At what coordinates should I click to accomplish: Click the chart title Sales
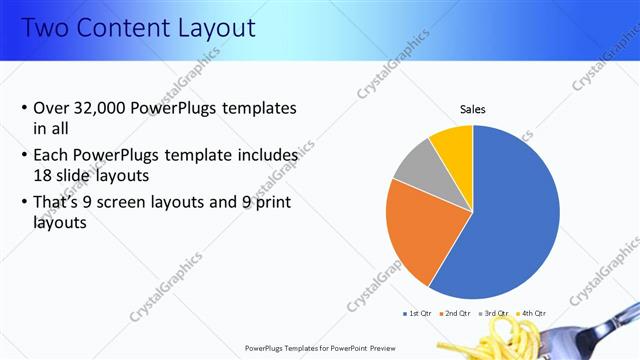click(x=473, y=109)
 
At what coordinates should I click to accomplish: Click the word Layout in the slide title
click(x=207, y=27)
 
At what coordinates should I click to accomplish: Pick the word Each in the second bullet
click(x=52, y=156)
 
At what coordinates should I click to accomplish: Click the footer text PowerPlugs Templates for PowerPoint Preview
click(x=319, y=348)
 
